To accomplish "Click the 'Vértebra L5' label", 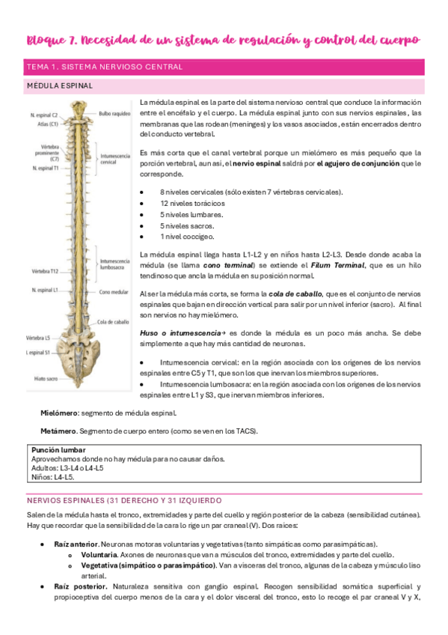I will click(x=39, y=338).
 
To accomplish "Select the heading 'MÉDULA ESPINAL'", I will click(x=60, y=86).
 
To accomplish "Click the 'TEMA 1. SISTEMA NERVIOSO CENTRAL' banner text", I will click(x=105, y=67).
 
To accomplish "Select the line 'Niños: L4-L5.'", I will click(x=53, y=477).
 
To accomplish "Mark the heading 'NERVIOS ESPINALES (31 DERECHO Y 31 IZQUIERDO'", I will click(x=124, y=500).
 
